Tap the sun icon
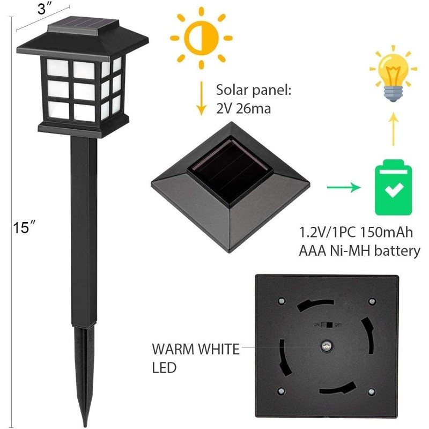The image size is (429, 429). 202,38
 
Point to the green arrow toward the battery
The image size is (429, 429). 344,187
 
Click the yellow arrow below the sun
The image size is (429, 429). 202,99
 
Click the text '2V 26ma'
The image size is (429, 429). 243,109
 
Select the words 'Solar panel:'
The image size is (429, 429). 254,90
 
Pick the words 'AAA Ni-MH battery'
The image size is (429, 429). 359,251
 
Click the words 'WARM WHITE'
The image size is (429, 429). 196,349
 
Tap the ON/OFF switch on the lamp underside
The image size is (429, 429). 327,325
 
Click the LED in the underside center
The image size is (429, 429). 326,346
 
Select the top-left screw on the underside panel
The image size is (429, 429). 282,301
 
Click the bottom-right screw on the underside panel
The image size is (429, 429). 371,392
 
